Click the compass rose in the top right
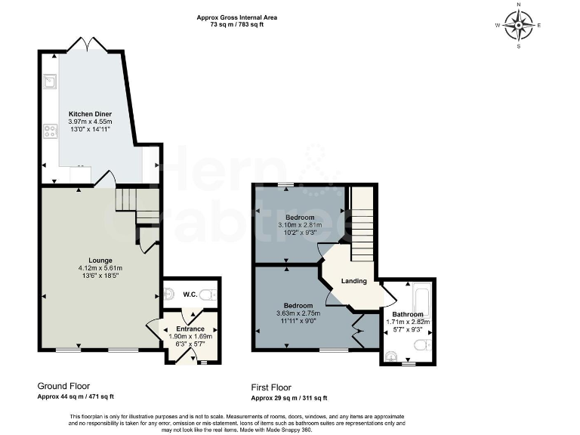click(x=519, y=25)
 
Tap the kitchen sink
click(x=50, y=79)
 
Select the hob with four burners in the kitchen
click(x=50, y=132)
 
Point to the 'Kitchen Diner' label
click(x=90, y=114)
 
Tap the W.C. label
click(x=190, y=294)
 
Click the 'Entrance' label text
click(x=190, y=329)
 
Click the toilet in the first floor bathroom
click(x=423, y=344)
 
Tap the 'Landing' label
click(x=353, y=281)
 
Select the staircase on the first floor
click(x=363, y=222)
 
